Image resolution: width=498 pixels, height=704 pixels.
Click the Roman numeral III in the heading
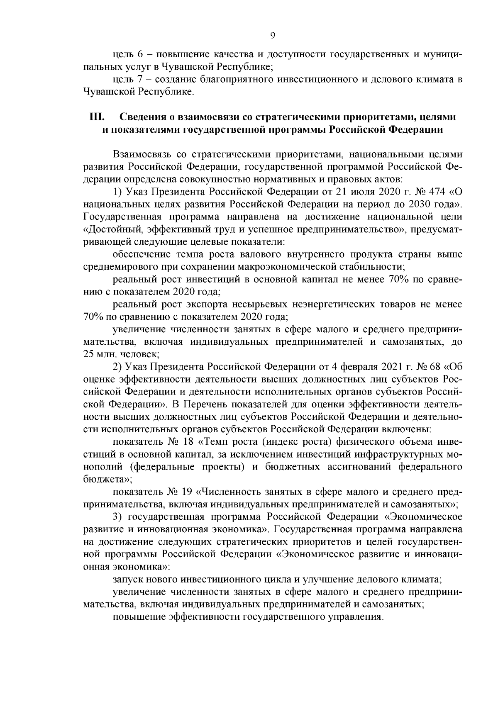[x=96, y=117]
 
